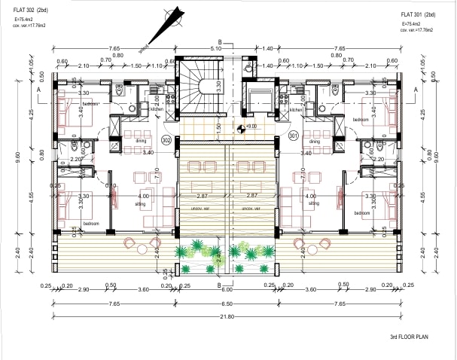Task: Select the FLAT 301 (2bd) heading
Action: pos(419,14)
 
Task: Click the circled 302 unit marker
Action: pos(166,139)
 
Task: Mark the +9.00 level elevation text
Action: pos(251,127)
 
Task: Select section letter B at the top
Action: pos(220,41)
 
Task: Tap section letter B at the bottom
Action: pos(219,286)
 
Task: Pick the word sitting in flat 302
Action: pos(140,203)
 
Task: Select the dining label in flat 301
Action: pos(314,141)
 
